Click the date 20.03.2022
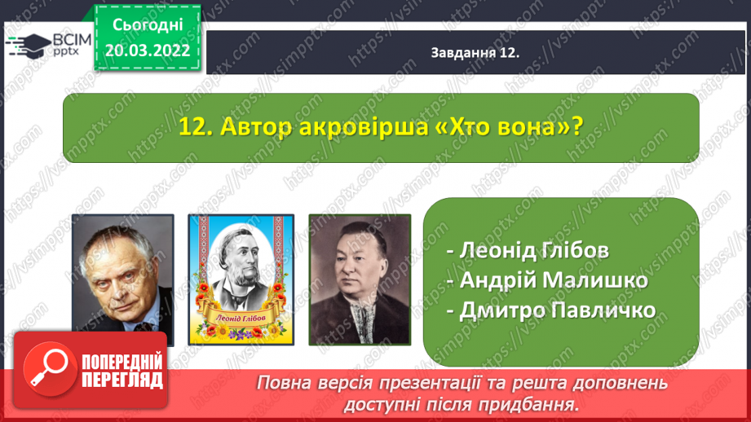148,51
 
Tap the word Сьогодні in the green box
148,25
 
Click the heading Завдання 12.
475,53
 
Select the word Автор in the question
256,127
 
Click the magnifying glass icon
50,369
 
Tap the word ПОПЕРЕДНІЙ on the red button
122,363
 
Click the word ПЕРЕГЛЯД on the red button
122,380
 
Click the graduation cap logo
29,46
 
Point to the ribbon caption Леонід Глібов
241,317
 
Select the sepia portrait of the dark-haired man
360,279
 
